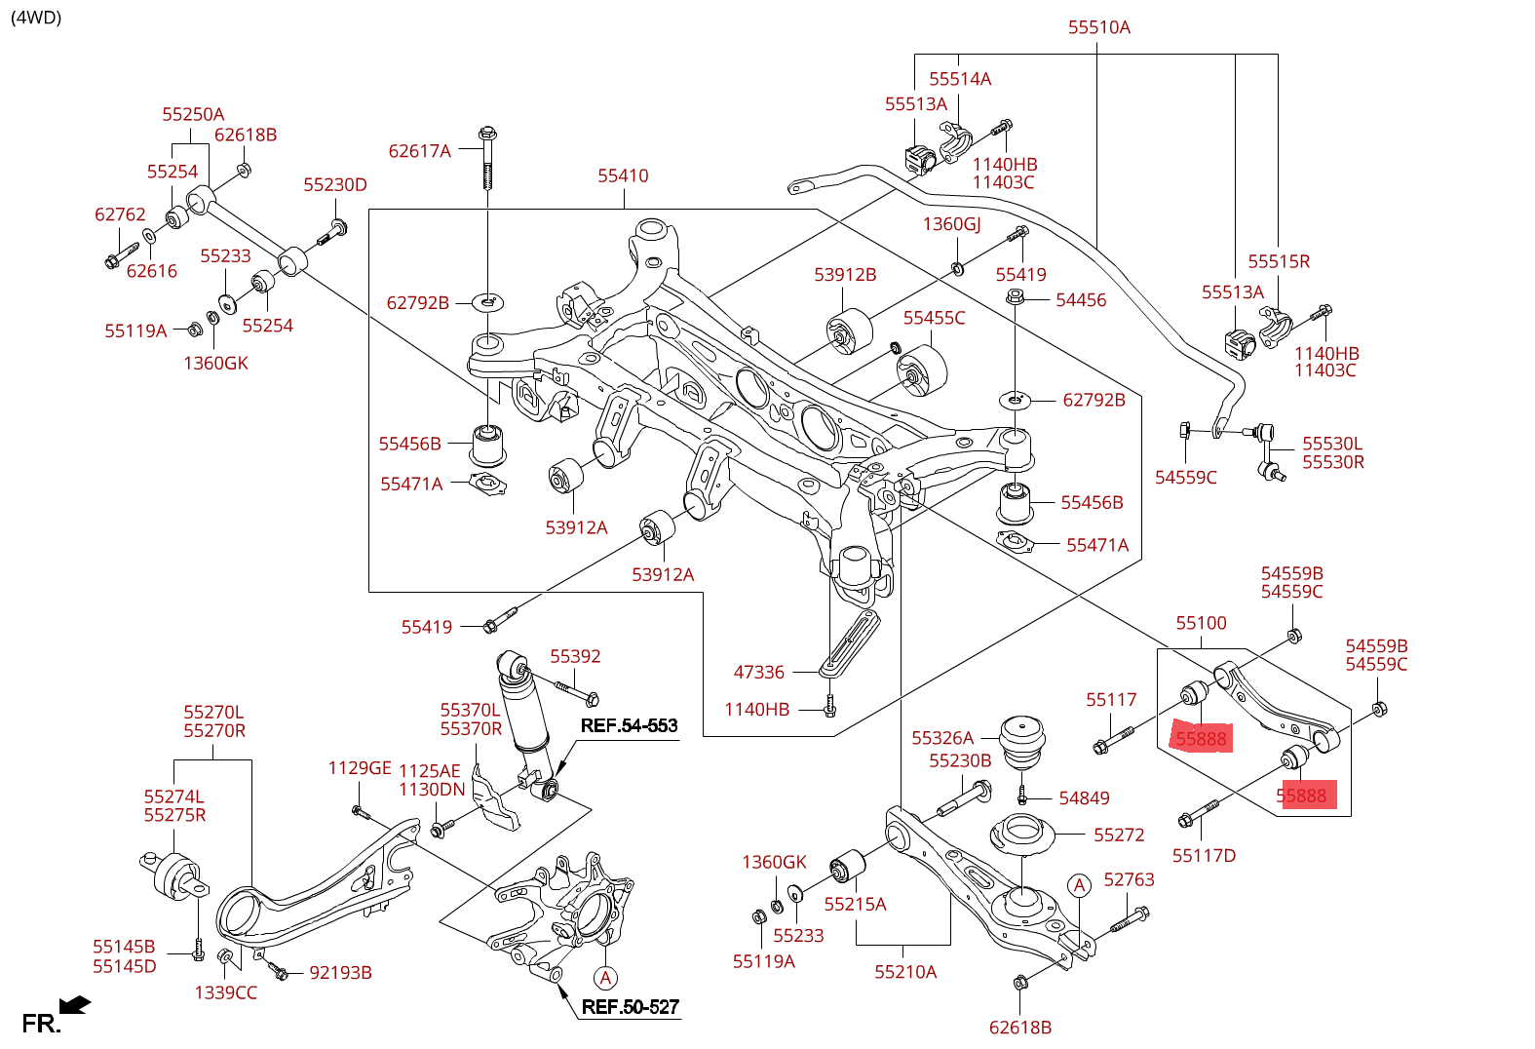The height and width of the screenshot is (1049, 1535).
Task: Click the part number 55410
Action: coord(623,175)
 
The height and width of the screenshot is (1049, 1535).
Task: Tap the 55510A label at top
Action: coord(1098,27)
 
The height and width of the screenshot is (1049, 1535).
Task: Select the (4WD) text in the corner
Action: coord(36,17)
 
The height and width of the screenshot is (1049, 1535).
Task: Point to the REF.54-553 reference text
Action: coord(629,725)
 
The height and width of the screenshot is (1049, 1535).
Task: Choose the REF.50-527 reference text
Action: coord(630,1007)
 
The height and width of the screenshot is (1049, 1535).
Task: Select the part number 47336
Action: coord(758,672)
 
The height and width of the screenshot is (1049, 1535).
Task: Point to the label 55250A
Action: coord(193,114)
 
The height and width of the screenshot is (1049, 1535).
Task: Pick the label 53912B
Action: coord(845,275)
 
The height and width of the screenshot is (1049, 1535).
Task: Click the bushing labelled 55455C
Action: coord(921,373)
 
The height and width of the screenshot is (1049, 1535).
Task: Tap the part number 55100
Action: coord(1201,623)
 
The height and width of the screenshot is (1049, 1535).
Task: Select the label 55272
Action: coord(1119,835)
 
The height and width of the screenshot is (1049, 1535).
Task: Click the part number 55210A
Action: coord(905,972)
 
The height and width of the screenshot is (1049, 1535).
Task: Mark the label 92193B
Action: coord(340,973)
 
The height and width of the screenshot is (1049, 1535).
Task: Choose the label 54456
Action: coord(1081,300)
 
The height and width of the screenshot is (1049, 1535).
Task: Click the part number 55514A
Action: coord(960,79)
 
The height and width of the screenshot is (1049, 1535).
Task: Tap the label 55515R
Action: coord(1279,261)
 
